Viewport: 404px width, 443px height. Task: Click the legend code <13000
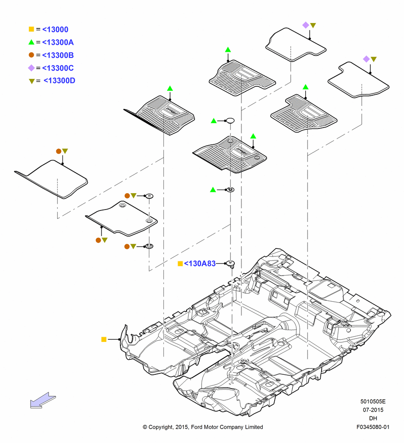(x=55, y=29)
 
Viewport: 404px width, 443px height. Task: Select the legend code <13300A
(x=58, y=43)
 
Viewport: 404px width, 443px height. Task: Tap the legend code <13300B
(x=58, y=55)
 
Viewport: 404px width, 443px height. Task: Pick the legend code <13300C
(x=58, y=68)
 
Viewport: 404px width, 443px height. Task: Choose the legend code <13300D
(x=59, y=81)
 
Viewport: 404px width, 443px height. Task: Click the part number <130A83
(x=200, y=264)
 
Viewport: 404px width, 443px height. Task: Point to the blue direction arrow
(x=43, y=400)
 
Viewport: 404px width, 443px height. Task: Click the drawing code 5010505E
(x=373, y=401)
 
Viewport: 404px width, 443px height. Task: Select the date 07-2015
(x=373, y=410)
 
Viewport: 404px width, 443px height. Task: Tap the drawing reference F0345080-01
(x=373, y=427)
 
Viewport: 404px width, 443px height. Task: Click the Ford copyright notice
(x=203, y=427)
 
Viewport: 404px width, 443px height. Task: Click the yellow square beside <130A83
(x=180, y=264)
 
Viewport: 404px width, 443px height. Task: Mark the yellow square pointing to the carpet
(x=104, y=339)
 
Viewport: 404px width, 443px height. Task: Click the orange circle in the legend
(x=31, y=55)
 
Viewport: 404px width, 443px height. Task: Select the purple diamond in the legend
(x=31, y=68)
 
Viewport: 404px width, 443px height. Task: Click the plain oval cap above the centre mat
(x=230, y=120)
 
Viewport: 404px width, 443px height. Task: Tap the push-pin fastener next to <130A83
(x=231, y=264)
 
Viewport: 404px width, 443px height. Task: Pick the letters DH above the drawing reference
(x=373, y=419)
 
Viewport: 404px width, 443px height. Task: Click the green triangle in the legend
(x=31, y=42)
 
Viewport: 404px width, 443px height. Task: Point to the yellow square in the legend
(x=31, y=29)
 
